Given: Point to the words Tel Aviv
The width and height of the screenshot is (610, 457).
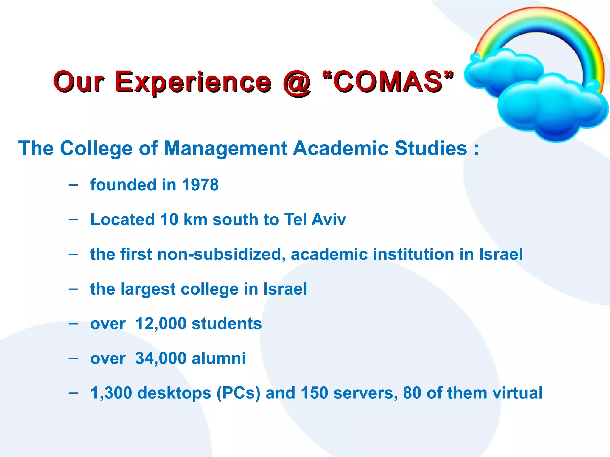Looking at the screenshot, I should click(x=315, y=220).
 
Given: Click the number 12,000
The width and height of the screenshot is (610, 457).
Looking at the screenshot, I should click(x=161, y=324).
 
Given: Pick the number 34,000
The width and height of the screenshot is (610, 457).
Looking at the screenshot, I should click(x=161, y=358).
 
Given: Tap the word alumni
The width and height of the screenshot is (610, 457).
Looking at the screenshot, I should click(x=219, y=358).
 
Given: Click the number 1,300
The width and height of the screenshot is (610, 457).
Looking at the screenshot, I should click(x=111, y=393).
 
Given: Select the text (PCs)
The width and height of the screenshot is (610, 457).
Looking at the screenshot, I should click(x=238, y=393).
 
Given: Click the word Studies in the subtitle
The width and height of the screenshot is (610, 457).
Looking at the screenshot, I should click(x=431, y=148).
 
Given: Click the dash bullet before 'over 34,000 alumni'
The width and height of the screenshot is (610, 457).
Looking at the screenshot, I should click(x=73, y=359).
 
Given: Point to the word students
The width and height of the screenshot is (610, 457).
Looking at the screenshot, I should click(x=227, y=324).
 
